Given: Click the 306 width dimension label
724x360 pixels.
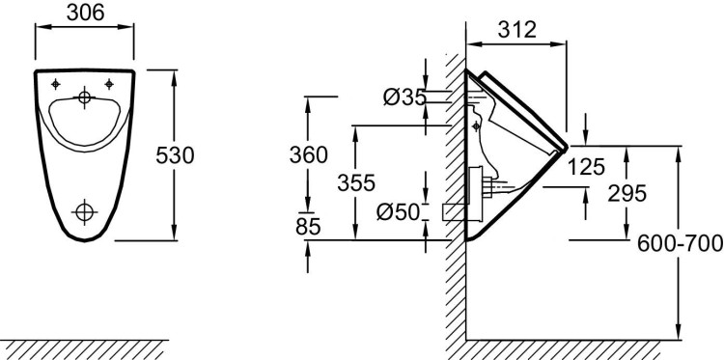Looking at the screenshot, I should pyautogui.click(x=84, y=13).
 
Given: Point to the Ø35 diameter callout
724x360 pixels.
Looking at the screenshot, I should pyautogui.click(x=404, y=97).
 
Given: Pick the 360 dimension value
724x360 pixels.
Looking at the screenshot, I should pyautogui.click(x=309, y=154).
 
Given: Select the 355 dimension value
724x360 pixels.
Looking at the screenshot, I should pyautogui.click(x=357, y=182).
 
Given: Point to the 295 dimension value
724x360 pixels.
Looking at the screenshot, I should pyautogui.click(x=627, y=193).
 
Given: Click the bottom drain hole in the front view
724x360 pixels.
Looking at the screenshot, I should pyautogui.click(x=86, y=210).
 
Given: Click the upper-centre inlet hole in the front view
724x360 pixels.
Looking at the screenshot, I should pyautogui.click(x=86, y=97).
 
